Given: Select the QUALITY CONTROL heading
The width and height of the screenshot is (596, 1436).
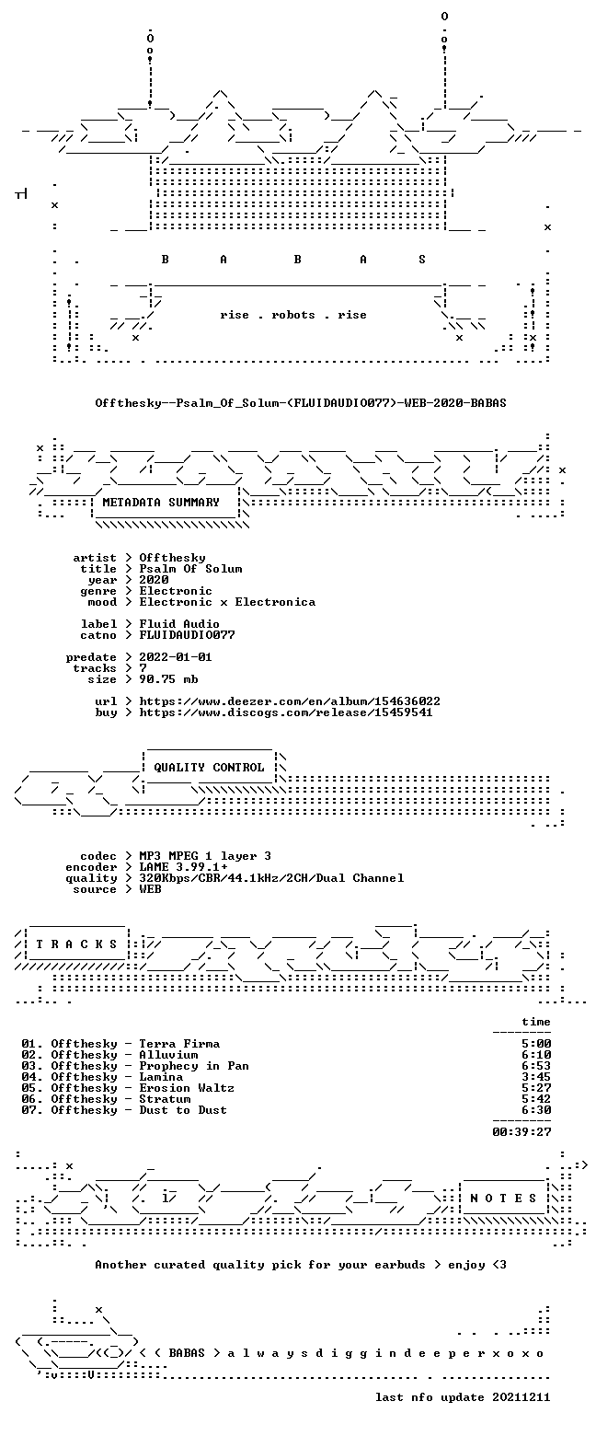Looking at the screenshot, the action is coord(209,768).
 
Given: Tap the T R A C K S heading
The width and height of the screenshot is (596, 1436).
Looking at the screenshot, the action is coord(77,944).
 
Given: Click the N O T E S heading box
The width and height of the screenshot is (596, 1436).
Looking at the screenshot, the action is coord(503,1199).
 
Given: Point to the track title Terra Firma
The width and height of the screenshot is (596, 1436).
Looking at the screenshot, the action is coord(179,1044).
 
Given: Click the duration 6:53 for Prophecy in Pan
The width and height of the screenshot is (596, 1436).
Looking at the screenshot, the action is coord(536,1065).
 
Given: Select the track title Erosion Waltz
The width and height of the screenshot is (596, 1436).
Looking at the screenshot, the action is coord(187,1088).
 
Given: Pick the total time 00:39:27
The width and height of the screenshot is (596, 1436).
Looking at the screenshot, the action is coord(521,1132).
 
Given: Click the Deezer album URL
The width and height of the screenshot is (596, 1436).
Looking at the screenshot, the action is coord(290,701).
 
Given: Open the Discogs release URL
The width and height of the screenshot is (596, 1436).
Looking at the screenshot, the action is coord(286,712).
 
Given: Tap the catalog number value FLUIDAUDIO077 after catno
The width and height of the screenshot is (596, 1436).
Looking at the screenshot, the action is coord(187,635).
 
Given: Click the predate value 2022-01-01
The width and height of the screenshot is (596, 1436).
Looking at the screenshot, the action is coord(176,657).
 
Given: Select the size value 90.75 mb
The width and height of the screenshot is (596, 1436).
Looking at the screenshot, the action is coord(168,679).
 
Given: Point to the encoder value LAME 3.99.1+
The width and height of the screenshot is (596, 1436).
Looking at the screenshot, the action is coord(183,867).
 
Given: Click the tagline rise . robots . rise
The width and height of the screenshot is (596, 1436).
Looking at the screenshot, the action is coord(293,315).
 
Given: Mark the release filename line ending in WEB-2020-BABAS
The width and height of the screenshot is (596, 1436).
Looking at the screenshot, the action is coord(301,403).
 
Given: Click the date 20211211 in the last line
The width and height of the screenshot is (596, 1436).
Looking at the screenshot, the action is coord(521,1397).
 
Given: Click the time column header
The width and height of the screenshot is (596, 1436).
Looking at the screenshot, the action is coord(536,1022).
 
